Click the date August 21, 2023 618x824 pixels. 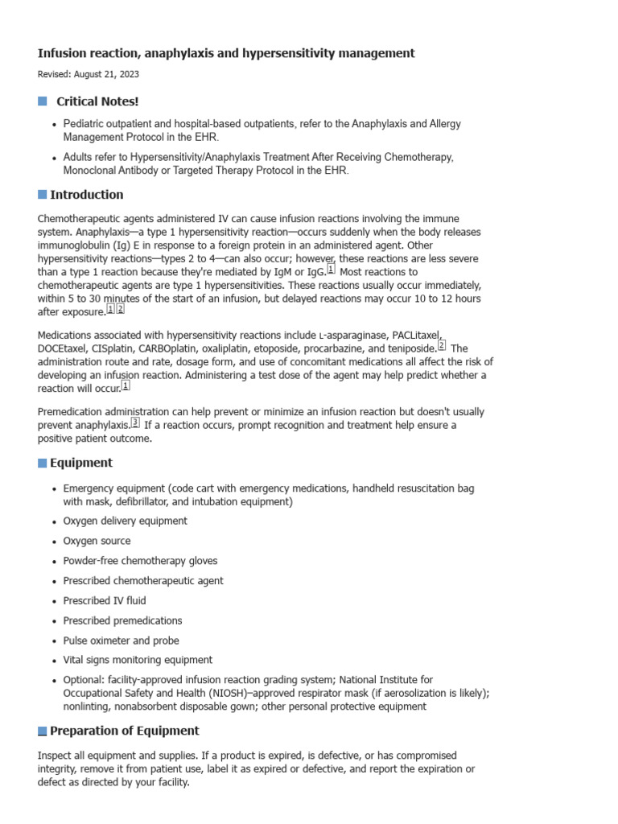112,74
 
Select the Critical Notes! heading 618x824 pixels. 97,101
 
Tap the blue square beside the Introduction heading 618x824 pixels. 43,195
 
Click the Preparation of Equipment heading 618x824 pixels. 125,731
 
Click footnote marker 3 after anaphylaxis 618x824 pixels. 135,423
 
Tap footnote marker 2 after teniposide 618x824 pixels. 441,345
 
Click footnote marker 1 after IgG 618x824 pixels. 331,270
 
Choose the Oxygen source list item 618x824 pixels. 97,541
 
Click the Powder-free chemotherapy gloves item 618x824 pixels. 140,561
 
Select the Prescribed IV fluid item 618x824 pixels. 105,600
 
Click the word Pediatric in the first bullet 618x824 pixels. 85,125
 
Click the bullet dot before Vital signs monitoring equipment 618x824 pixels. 54,661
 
